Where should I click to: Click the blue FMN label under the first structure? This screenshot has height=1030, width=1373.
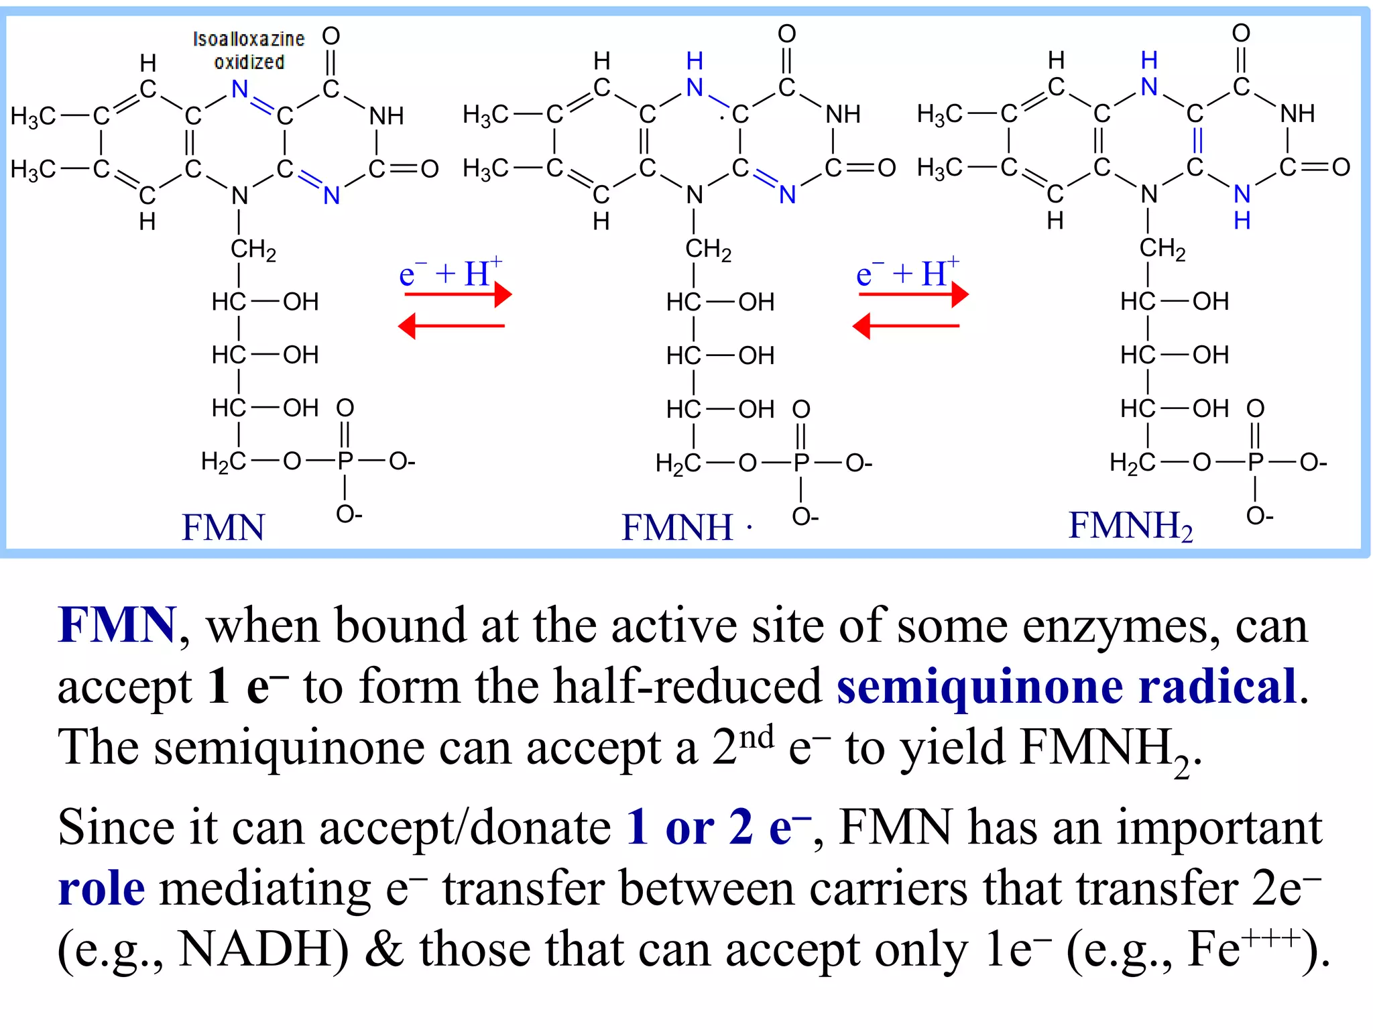(x=223, y=527)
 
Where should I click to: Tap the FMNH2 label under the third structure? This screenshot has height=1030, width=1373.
(x=1130, y=526)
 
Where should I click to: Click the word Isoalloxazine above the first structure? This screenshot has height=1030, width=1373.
(x=249, y=39)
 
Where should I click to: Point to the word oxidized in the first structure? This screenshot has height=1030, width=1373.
(x=249, y=62)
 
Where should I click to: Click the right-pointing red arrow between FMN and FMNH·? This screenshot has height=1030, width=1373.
(x=458, y=294)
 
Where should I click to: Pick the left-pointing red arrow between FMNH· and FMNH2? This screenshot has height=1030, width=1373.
(x=906, y=326)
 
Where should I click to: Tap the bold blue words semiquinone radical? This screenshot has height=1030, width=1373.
(x=1067, y=687)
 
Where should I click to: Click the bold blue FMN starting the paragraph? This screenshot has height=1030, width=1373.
(x=117, y=625)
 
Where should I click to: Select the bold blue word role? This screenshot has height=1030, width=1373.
(x=101, y=889)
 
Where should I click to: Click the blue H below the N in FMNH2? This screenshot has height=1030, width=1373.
(x=1242, y=221)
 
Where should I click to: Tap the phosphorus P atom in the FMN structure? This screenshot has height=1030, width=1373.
(x=345, y=461)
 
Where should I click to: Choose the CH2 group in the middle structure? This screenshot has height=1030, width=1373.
(x=708, y=249)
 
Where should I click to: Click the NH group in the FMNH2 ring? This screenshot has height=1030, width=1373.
(x=1297, y=113)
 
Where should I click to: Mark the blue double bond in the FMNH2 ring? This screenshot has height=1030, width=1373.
(x=1197, y=140)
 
